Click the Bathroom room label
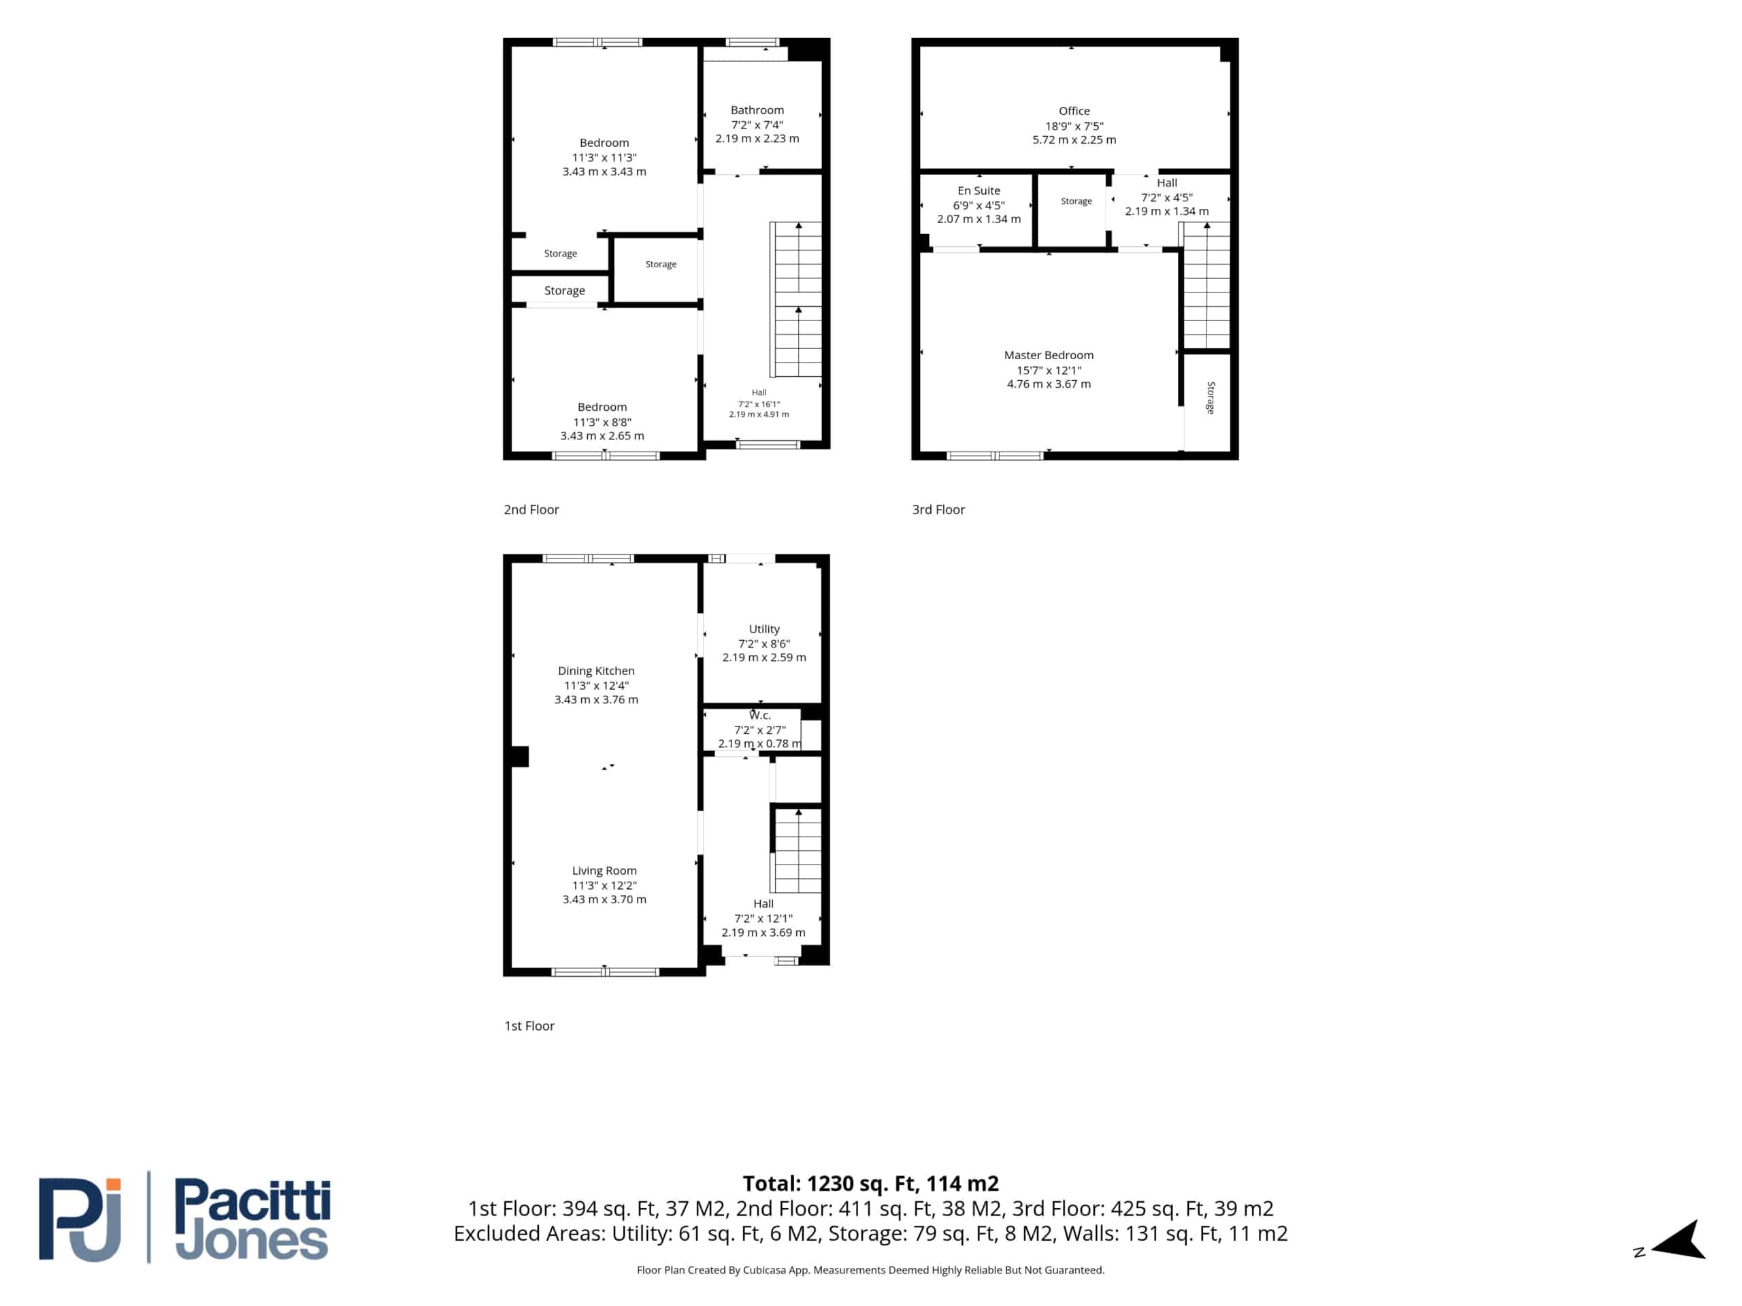pos(757,110)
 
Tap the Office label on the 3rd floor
pos(1074,111)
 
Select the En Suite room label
pos(979,190)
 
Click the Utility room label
pos(764,629)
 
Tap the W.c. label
pos(760,716)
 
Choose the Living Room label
pos(604,871)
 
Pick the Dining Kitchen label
pos(596,671)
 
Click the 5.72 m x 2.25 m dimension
pos(1074,140)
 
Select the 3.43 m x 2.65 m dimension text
pos(602,436)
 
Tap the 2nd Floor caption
pos(531,509)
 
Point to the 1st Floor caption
pos(529,1026)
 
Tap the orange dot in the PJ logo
pos(114,1185)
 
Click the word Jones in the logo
pos(250,1241)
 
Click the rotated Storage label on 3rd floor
pos(1211,397)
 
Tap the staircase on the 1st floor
pos(797,850)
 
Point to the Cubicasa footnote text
pos(870,1270)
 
